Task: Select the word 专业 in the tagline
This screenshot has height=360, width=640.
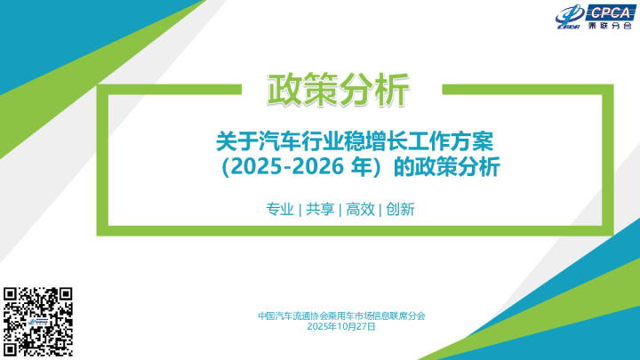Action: coord(280,210)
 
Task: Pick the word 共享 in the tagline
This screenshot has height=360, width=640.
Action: coord(320,210)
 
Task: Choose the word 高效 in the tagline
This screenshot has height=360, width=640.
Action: coord(360,210)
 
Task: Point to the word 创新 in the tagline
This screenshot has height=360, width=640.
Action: coord(401,210)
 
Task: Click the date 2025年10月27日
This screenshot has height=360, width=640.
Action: coord(340,326)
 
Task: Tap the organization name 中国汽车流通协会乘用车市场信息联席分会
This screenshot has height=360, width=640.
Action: coord(341,315)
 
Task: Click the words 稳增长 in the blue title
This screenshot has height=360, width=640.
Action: coord(372,140)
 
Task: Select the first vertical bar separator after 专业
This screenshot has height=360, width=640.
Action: coord(300,211)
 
